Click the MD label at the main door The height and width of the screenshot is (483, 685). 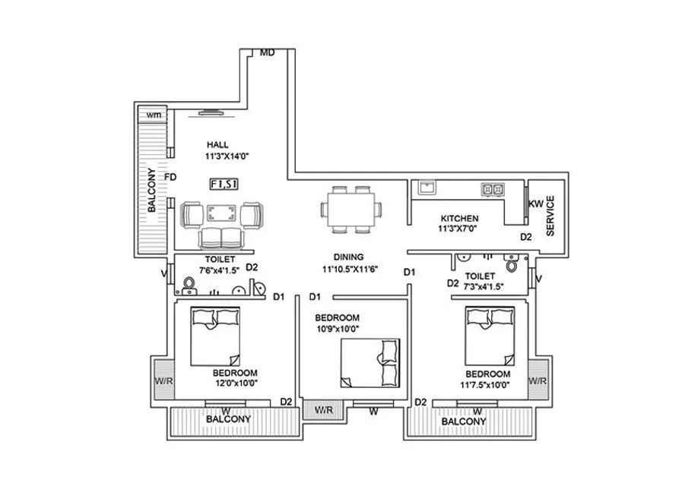click(x=267, y=53)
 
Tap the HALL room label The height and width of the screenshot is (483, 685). click(x=217, y=144)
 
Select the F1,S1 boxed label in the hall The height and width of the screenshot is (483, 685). click(x=224, y=183)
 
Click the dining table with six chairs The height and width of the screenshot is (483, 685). click(x=350, y=209)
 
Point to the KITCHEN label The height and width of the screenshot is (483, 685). click(x=460, y=218)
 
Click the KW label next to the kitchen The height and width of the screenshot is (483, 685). click(x=536, y=204)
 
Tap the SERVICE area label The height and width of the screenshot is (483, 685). click(x=550, y=216)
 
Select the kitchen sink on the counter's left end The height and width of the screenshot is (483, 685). click(x=425, y=187)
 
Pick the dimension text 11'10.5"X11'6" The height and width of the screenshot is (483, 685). click(x=350, y=268)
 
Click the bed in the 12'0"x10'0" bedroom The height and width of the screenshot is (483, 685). click(x=216, y=336)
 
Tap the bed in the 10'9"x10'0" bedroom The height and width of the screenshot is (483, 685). click(x=369, y=363)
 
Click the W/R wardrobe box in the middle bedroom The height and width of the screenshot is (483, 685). click(x=324, y=410)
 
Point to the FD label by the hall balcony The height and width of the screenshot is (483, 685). click(x=170, y=177)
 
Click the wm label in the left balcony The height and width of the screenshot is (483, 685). click(x=154, y=115)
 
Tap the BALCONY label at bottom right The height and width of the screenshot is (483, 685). click(x=464, y=421)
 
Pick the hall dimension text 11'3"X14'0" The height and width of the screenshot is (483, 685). click(x=227, y=156)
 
